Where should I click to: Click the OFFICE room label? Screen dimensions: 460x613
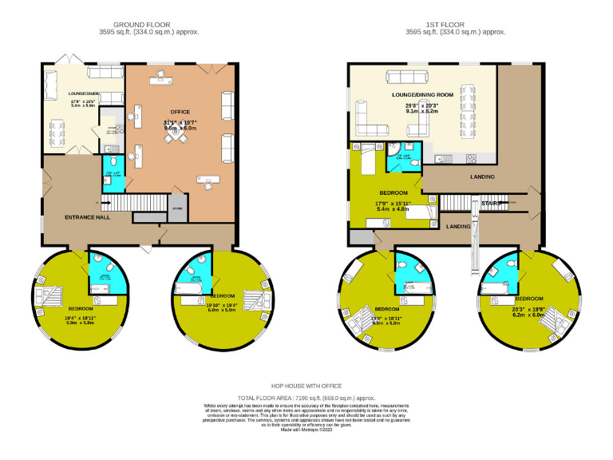click(x=180, y=112)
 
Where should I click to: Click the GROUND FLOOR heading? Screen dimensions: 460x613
click(x=148, y=25)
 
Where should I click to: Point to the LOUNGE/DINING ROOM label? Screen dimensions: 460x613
click(x=423, y=94)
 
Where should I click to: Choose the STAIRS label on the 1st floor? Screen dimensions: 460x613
click(x=490, y=204)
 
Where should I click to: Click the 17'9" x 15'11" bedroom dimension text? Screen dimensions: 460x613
click(x=393, y=203)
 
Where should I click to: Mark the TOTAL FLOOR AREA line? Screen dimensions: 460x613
click(x=306, y=397)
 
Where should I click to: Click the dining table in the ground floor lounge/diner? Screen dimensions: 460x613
click(x=58, y=132)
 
